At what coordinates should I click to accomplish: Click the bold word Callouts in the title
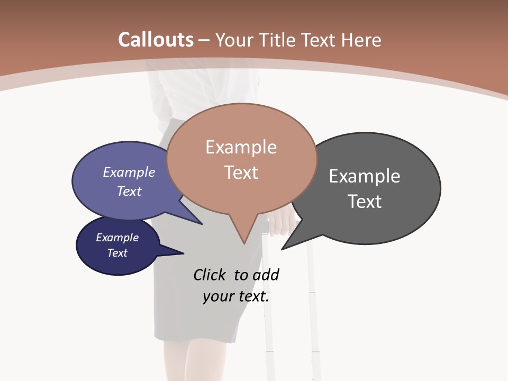[156, 40]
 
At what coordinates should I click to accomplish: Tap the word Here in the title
[361, 40]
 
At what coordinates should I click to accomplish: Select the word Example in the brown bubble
[241, 147]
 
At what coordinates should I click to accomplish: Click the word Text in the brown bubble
[241, 173]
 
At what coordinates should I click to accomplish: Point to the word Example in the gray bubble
[365, 176]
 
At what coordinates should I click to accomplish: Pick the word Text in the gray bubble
[365, 202]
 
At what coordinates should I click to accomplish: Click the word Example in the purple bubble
[129, 173]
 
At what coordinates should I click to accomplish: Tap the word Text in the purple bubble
[129, 192]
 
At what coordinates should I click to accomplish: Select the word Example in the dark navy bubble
[117, 238]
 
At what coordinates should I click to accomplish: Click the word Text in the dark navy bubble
[117, 253]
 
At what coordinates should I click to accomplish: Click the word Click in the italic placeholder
[209, 275]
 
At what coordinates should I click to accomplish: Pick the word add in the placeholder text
[266, 275]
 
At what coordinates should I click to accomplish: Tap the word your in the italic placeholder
[217, 296]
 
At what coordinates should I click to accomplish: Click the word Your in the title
[234, 40]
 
